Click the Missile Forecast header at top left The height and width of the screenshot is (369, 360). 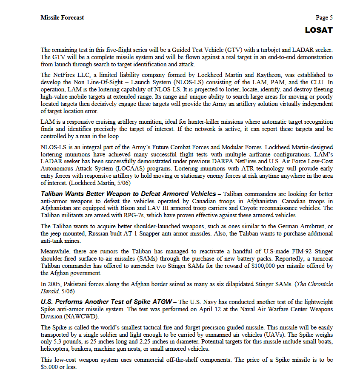click(62, 17)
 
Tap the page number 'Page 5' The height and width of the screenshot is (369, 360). click(324, 17)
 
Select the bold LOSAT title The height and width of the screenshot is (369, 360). click(319, 30)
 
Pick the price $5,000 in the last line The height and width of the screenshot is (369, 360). click(50, 366)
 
